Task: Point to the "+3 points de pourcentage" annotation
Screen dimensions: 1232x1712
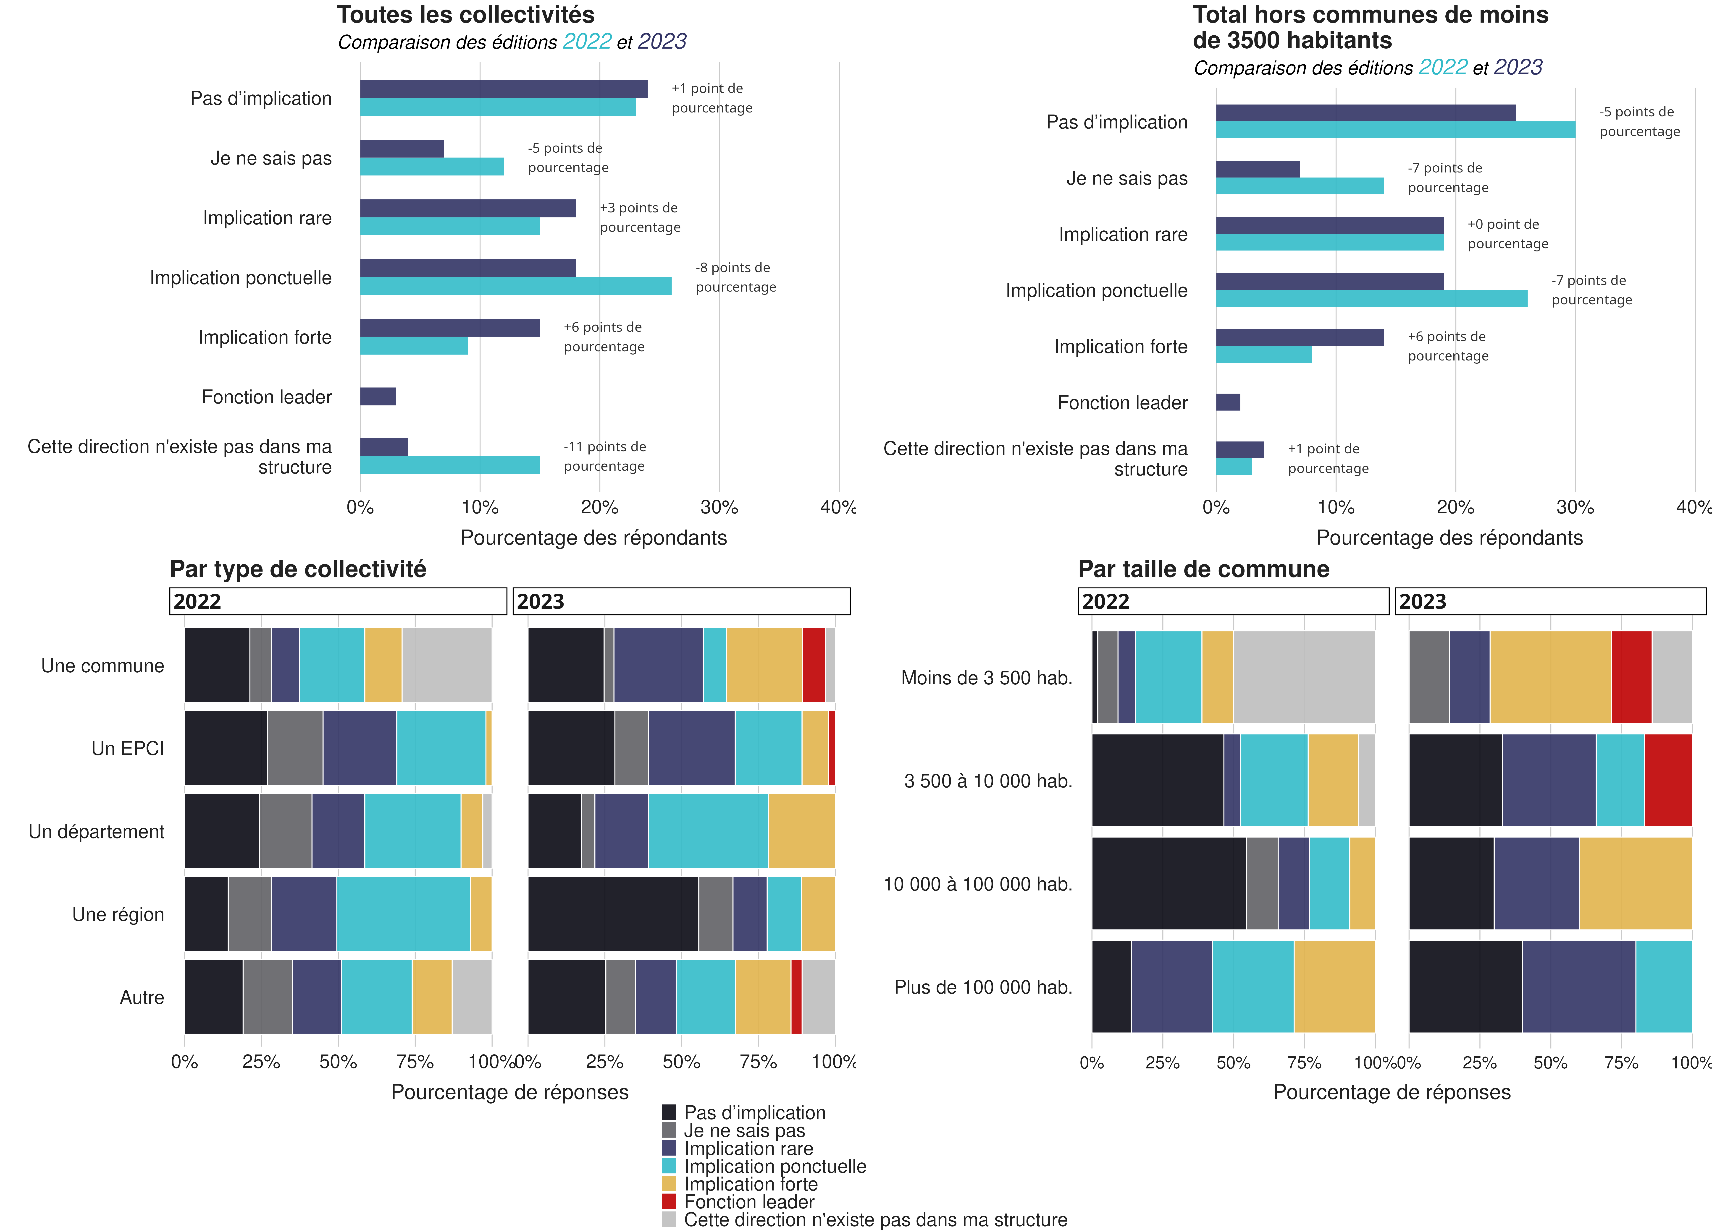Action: tap(639, 217)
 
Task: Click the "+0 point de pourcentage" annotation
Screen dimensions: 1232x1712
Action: tap(1507, 234)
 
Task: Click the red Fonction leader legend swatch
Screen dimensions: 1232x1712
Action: tap(669, 1201)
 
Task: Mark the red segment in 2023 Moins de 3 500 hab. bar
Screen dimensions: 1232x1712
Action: tap(1631, 677)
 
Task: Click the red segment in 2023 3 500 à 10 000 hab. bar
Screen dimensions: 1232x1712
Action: tap(1667, 780)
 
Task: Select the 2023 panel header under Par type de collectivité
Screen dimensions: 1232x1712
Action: tap(681, 601)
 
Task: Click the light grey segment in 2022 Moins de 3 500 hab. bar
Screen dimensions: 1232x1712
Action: tap(1304, 677)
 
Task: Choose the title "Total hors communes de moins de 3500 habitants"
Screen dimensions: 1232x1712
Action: tap(1370, 27)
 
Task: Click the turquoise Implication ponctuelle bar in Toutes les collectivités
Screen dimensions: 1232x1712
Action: tap(516, 286)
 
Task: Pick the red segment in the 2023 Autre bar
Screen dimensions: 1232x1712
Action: tap(796, 997)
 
